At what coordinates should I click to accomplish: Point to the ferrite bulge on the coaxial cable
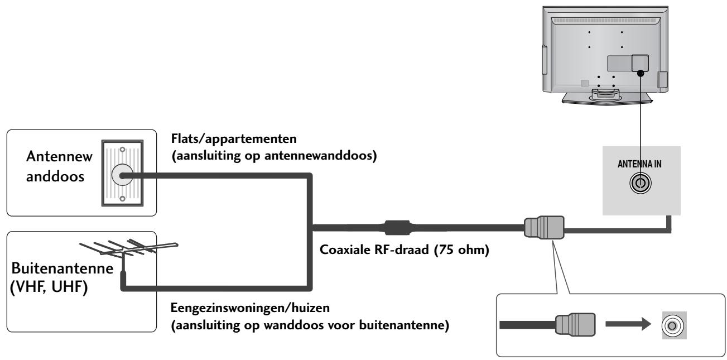click(x=396, y=228)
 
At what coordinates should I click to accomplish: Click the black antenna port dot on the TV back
click(x=640, y=73)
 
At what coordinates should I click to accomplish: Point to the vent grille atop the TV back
click(x=603, y=21)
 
